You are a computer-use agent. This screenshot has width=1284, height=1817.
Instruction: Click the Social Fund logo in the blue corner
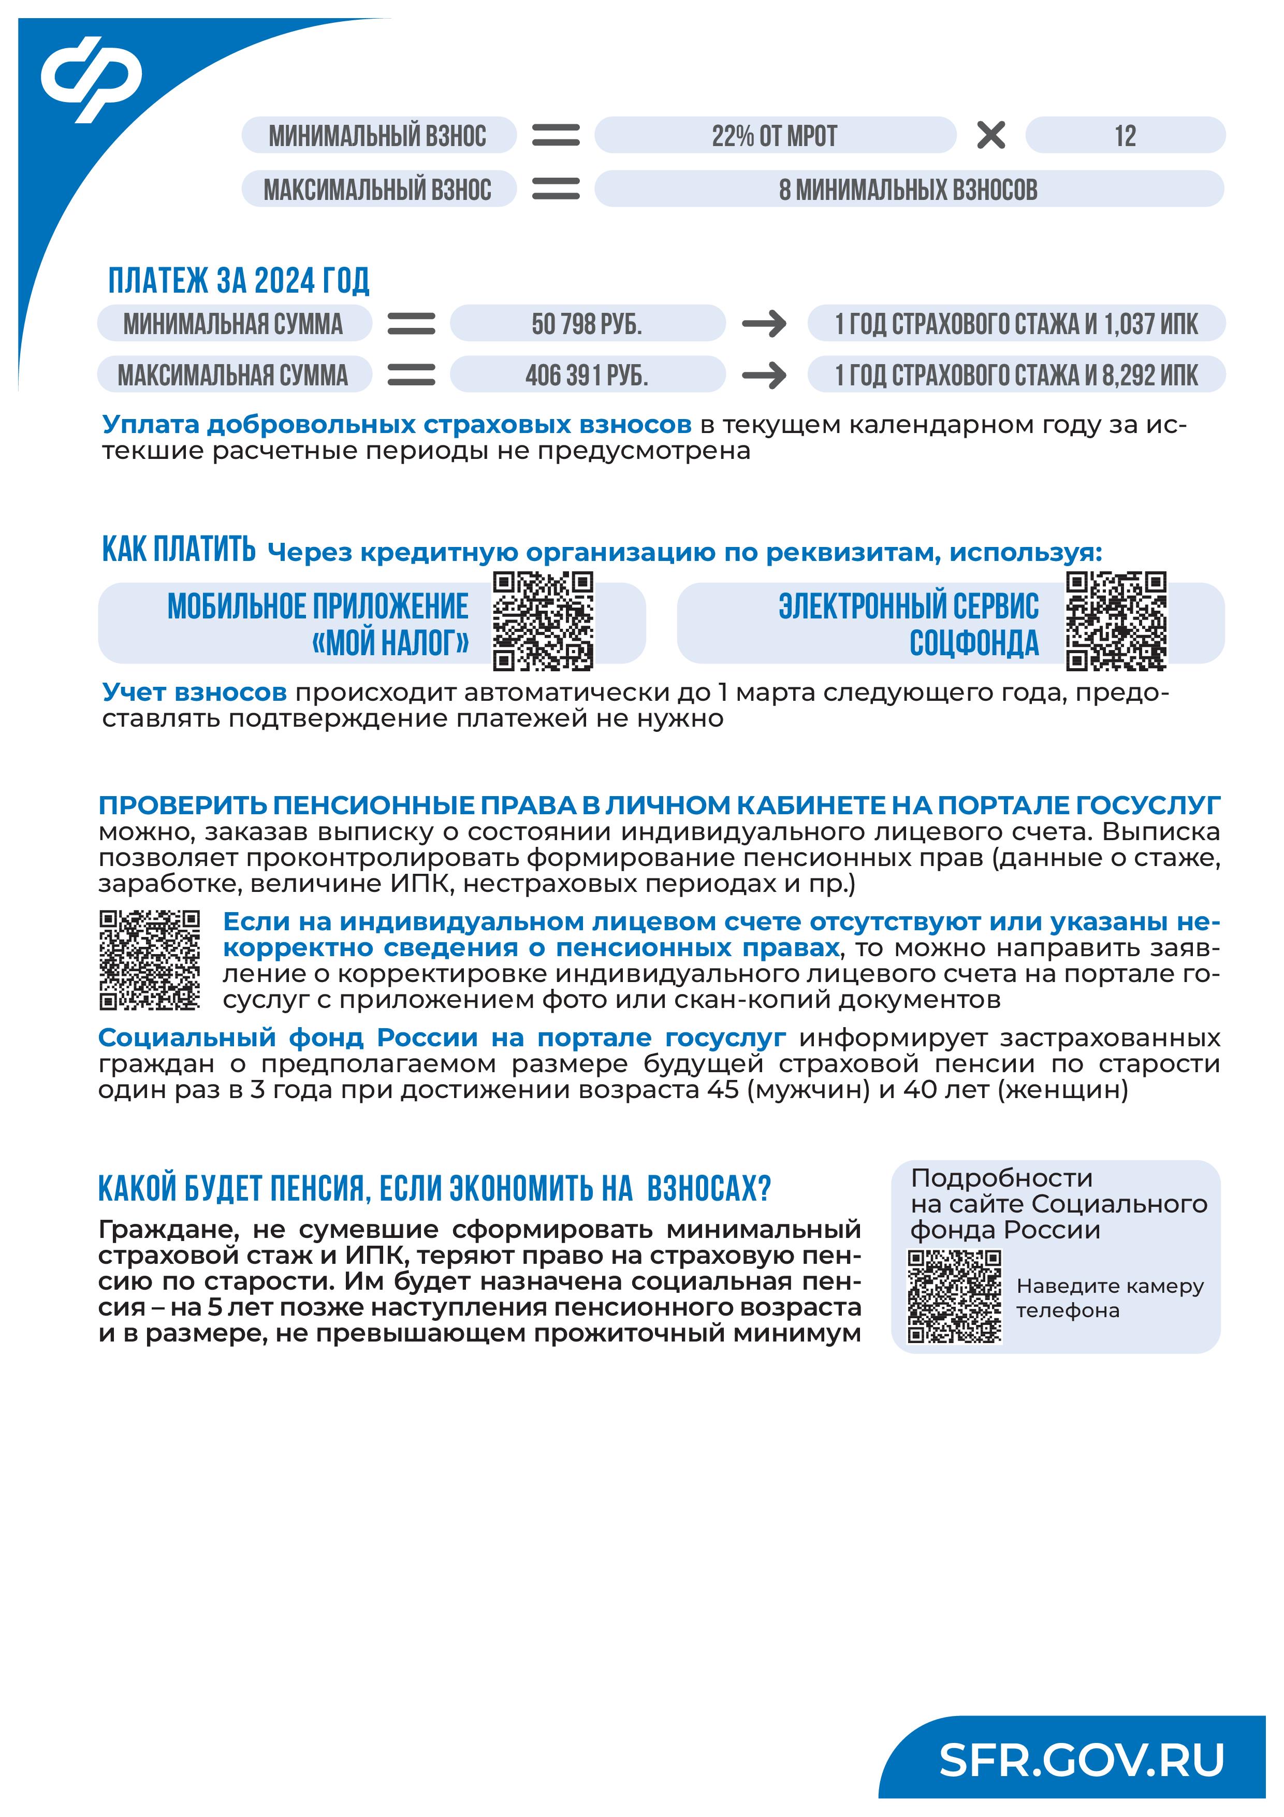coord(92,79)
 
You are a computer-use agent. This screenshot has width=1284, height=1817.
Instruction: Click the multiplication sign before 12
coord(990,135)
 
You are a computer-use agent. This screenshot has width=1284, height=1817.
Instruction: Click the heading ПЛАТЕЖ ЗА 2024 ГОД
coord(239,281)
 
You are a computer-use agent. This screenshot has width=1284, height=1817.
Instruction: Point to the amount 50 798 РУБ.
coord(587,324)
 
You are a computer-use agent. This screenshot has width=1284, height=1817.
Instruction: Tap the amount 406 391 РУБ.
coord(587,375)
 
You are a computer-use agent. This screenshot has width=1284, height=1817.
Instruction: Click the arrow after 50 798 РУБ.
coord(764,324)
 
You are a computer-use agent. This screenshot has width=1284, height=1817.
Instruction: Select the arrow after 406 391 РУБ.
coord(764,375)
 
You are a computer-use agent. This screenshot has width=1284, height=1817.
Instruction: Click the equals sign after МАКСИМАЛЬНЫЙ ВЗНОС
coord(556,189)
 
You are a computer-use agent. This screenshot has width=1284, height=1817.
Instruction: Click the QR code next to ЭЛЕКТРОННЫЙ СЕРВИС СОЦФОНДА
coord(1116,621)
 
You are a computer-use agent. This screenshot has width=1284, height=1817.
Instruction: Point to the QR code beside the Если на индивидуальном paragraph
coord(150,960)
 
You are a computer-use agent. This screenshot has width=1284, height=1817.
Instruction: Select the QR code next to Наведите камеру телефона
coord(954,1296)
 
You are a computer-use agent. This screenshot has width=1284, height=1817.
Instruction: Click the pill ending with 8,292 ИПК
coord(1016,375)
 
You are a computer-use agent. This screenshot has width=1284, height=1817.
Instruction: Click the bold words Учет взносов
coord(195,693)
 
